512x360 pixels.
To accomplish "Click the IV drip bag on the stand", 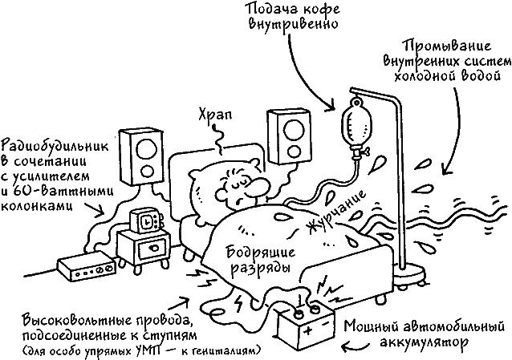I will (x=354, y=123).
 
